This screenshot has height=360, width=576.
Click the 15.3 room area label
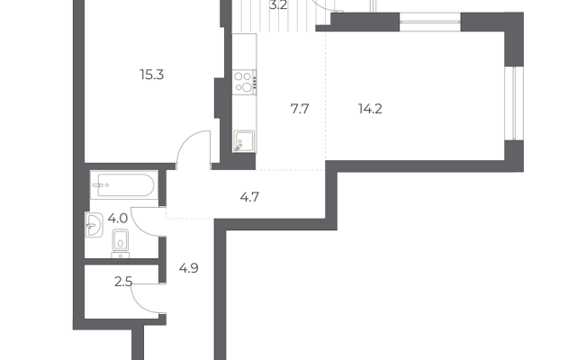(152, 75)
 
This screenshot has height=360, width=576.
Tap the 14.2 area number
(370, 109)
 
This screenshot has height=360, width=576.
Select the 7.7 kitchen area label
(300, 109)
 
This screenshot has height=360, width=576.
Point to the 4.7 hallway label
(249, 197)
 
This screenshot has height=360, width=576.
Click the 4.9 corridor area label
(188, 268)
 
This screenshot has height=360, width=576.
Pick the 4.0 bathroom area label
(118, 219)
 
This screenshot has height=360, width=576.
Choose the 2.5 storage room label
(123, 282)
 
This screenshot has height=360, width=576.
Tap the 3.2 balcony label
(278, 5)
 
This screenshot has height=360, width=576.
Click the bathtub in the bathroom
(124, 184)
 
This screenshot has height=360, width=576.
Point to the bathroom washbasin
(94, 225)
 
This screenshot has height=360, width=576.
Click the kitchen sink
(244, 141)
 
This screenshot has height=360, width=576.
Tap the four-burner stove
(244, 82)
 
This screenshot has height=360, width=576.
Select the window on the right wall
(514, 103)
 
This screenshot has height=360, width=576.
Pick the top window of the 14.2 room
(430, 22)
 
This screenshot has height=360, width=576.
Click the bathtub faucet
(98, 185)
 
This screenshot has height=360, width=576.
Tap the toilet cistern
(121, 255)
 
